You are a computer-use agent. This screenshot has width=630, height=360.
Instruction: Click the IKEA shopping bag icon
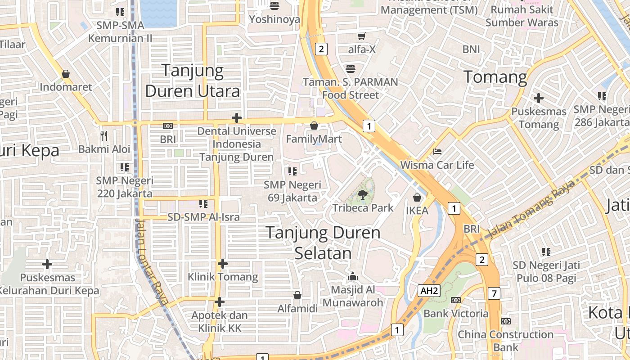[417, 197]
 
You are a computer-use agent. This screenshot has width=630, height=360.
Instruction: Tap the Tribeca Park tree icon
[362, 195]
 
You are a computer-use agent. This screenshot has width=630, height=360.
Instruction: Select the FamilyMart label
[314, 139]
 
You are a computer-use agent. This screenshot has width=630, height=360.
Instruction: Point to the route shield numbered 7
[494, 294]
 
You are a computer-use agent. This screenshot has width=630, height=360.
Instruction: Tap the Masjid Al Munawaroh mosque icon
[353, 276]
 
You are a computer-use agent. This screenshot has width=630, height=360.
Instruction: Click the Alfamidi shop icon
[297, 295]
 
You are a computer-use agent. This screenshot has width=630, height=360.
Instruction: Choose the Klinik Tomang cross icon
[223, 263]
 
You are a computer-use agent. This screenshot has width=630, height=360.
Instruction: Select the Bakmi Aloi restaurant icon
[104, 135]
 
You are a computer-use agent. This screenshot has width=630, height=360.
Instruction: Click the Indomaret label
[66, 87]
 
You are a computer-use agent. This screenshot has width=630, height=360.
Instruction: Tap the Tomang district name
[495, 77]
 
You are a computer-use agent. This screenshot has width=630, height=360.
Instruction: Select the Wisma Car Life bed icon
[437, 152]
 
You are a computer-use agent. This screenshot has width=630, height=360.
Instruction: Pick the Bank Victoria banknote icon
[456, 300]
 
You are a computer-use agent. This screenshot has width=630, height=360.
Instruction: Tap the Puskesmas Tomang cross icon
[538, 98]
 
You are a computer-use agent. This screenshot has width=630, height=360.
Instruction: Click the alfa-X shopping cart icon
[361, 36]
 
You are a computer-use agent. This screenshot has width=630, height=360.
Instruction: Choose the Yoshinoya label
[274, 19]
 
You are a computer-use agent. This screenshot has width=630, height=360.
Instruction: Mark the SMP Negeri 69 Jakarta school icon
[292, 171]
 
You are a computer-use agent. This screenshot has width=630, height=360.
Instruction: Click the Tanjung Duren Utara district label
[193, 81]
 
